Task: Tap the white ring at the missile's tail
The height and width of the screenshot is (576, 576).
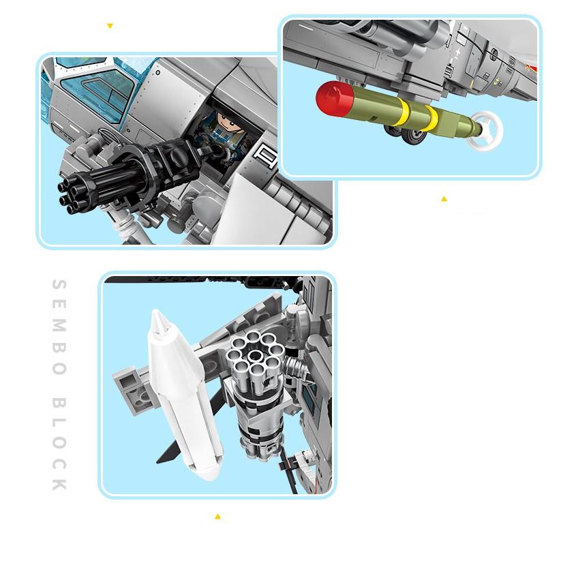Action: [x=486, y=130]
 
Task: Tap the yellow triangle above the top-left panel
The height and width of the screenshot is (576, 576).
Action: [x=110, y=26]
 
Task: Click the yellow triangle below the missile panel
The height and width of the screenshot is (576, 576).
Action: [x=444, y=199]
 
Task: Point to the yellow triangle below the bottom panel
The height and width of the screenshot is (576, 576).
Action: [x=217, y=517]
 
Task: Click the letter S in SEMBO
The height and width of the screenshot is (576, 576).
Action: [x=59, y=284]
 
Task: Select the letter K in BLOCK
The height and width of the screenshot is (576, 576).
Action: [x=59, y=485]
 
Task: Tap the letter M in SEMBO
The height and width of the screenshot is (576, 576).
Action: [x=59, y=325]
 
